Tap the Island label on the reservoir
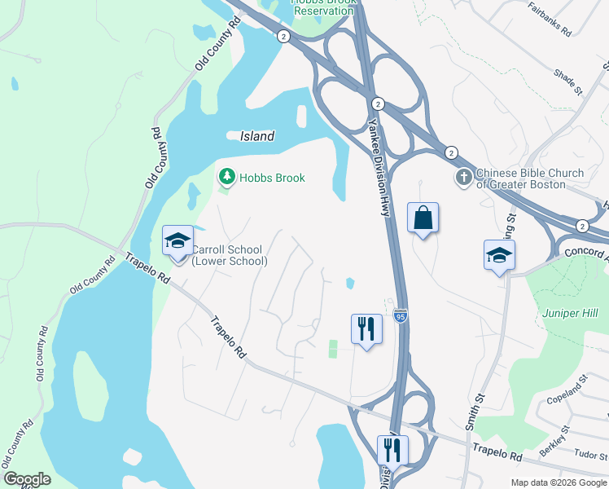point(257,136)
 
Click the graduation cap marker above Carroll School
point(178,240)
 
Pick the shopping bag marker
point(423,218)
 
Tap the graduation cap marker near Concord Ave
point(499,255)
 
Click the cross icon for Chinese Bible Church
point(463,177)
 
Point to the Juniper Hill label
point(570,313)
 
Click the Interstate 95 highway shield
point(399,315)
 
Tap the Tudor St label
point(588,453)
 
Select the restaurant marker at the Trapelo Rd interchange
point(392,449)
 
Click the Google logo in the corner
point(27,479)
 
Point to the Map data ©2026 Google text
point(558,482)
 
